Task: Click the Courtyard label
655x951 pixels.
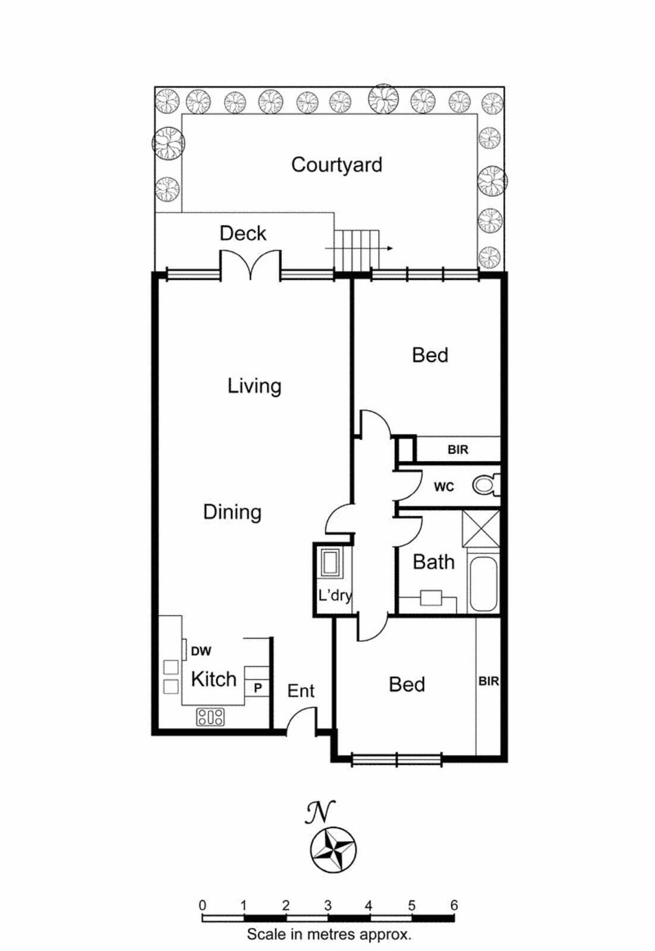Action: tap(336, 165)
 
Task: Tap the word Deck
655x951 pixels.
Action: tap(243, 233)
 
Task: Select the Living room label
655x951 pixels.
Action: tap(254, 386)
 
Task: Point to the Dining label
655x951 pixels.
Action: tap(232, 512)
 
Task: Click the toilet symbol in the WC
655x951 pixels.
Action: tap(486, 485)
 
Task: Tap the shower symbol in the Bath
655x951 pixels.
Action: tap(481, 528)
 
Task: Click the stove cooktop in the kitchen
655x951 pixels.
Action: tap(210, 717)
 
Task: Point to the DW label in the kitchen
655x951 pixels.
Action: tap(201, 651)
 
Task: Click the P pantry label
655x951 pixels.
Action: tap(258, 688)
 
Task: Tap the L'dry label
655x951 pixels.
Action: tap(335, 595)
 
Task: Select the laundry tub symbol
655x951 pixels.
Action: tap(330, 562)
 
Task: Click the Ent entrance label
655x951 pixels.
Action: tap(301, 691)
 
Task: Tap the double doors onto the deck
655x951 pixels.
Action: tap(250, 265)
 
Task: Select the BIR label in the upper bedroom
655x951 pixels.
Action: tap(458, 450)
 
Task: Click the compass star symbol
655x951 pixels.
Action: tap(333, 849)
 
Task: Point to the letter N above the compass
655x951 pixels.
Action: tap(320, 812)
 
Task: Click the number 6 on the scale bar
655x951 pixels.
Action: tap(454, 905)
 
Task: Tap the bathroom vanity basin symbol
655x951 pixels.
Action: tap(431, 598)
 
